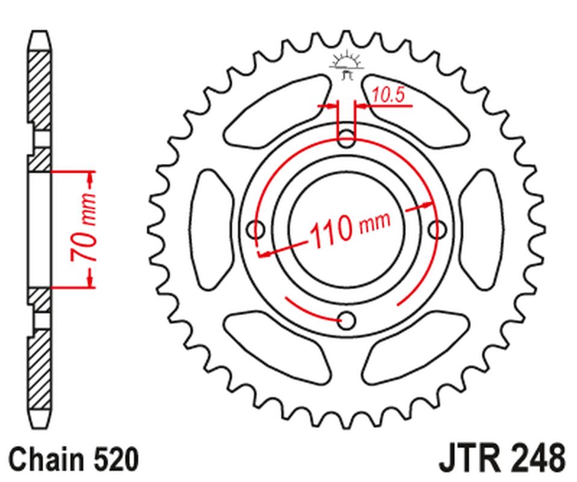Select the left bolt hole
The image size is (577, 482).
(x=257, y=229)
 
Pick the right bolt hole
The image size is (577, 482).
(x=437, y=229)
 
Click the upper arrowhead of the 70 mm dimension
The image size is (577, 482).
(x=90, y=178)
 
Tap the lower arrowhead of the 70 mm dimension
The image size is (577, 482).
(x=90, y=280)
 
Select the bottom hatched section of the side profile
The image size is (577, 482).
(x=40, y=368)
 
